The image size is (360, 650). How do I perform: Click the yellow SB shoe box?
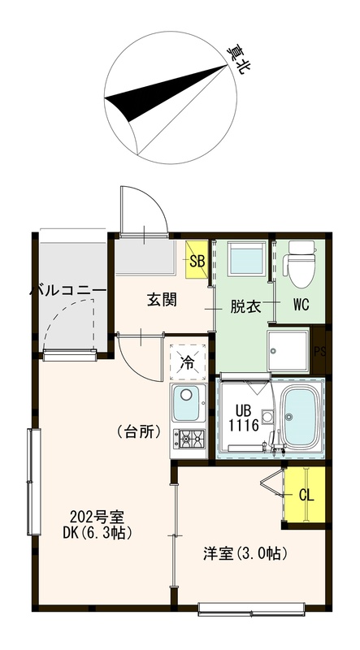pyautogui.click(x=197, y=261)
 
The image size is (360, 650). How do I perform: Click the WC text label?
pyautogui.click(x=301, y=306)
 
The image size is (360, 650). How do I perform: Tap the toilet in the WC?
pyautogui.click(x=300, y=265)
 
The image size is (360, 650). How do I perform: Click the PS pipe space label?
pyautogui.click(x=319, y=352)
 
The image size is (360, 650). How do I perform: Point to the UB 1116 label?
pyautogui.click(x=243, y=418)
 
